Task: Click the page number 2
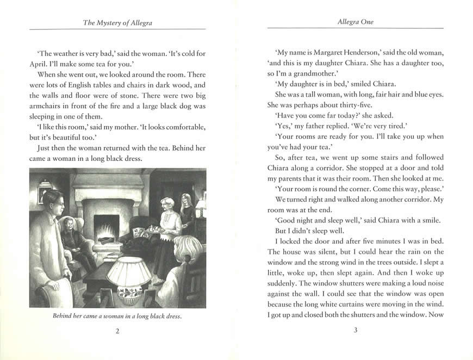tap(118, 332)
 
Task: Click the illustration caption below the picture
tap(117, 315)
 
